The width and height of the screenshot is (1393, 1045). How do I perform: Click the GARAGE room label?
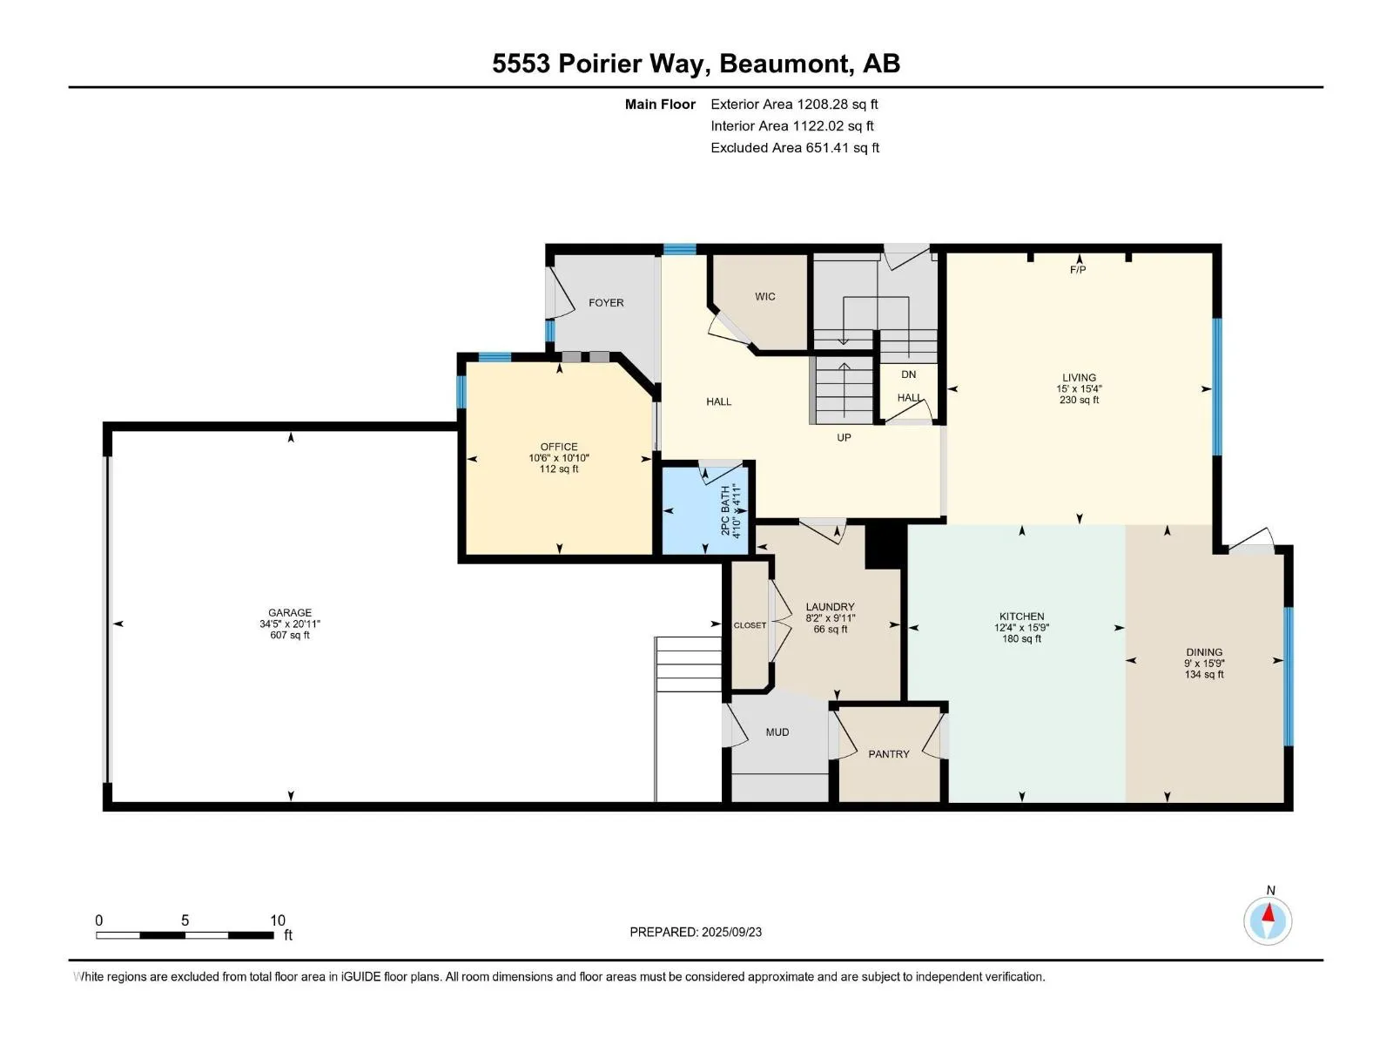pyautogui.click(x=289, y=612)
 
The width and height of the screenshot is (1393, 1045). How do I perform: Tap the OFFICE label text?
pyautogui.click(x=558, y=447)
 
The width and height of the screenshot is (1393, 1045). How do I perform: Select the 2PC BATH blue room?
pyautogui.click(x=705, y=511)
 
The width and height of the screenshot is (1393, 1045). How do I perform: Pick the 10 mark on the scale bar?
pyautogui.click(x=278, y=920)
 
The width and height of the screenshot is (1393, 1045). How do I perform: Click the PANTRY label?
pyautogui.click(x=889, y=754)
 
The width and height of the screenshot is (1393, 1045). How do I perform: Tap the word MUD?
pyautogui.click(x=777, y=732)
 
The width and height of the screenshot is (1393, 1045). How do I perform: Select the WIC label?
pyautogui.click(x=764, y=296)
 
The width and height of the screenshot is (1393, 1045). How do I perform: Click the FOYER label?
pyautogui.click(x=606, y=303)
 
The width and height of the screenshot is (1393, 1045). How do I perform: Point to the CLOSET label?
pyautogui.click(x=750, y=625)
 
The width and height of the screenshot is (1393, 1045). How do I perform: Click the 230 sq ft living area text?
pyautogui.click(x=1079, y=400)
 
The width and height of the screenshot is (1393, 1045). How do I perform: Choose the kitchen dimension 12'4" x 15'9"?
pyautogui.click(x=1021, y=628)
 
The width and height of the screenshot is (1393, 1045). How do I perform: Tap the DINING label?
pyautogui.click(x=1204, y=651)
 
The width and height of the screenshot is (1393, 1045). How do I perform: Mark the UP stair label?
pyautogui.click(x=844, y=437)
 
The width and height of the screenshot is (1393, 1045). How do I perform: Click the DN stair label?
pyautogui.click(x=908, y=374)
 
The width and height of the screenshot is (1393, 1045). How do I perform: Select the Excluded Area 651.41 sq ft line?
pyautogui.click(x=795, y=148)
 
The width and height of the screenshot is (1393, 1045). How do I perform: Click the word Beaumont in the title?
pyautogui.click(x=784, y=64)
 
